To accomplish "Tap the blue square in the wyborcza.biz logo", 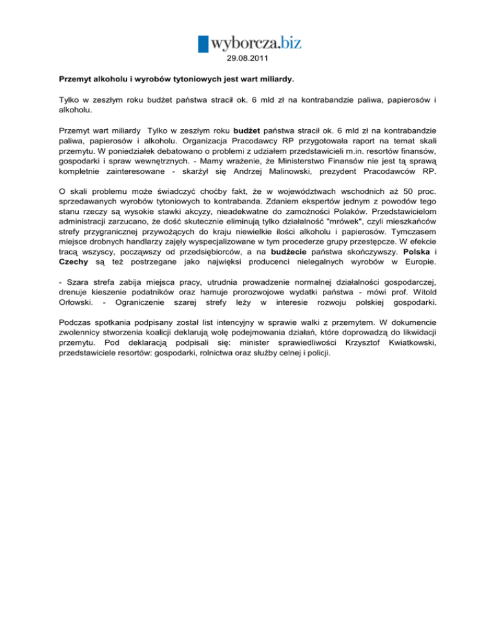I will tap(203, 43).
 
